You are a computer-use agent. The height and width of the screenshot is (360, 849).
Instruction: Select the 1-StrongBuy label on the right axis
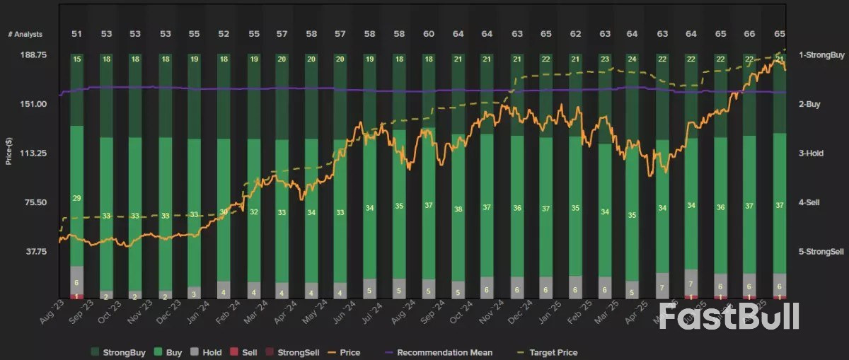point(821,54)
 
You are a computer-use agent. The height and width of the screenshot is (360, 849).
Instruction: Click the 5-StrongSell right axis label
point(821,252)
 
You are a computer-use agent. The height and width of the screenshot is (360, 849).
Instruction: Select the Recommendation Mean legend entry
point(437,352)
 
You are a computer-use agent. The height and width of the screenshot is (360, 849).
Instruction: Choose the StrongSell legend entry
point(296,352)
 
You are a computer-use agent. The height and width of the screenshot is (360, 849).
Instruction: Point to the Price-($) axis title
point(9,151)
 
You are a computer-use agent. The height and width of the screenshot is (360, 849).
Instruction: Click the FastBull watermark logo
point(729,316)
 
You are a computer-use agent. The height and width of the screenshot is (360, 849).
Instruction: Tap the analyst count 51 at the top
point(76,34)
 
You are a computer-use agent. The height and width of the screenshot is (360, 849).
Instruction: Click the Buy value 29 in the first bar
point(76,197)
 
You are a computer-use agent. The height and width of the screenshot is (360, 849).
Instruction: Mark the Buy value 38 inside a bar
point(458,209)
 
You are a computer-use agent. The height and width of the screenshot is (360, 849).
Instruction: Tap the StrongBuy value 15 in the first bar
point(76,59)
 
